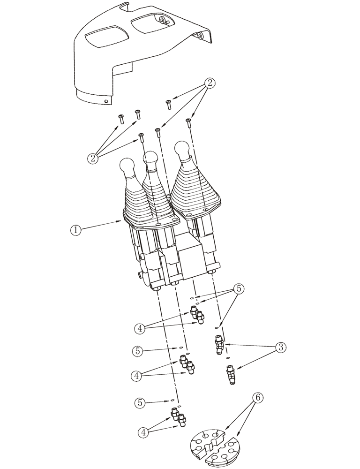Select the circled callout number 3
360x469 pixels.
[x=280, y=348]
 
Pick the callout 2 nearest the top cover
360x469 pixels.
[x=210, y=83]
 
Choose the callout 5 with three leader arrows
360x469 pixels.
[x=239, y=288]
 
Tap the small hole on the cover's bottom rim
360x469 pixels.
[x=107, y=101]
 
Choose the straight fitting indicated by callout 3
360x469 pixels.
[x=231, y=376]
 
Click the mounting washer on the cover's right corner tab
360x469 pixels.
[x=200, y=35]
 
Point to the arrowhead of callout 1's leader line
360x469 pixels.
[x=123, y=220]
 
